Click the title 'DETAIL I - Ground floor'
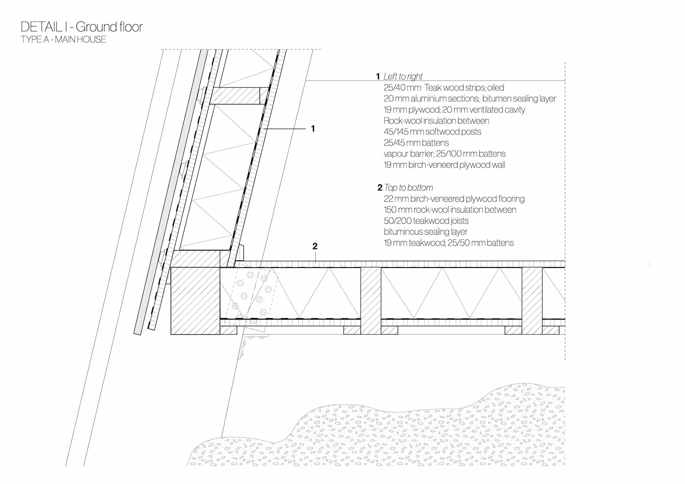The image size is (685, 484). coord(82,27)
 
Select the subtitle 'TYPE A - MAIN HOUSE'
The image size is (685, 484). coord(64,40)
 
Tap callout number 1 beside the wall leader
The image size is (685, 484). coord(313,128)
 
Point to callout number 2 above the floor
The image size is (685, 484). coord(315,246)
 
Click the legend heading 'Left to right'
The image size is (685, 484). coord(403,76)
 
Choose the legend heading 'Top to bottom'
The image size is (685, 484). coord(409,188)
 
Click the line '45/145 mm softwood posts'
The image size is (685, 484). coord(432,132)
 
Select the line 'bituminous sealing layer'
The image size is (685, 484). coord(425,232)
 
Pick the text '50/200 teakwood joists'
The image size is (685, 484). coord(426,221)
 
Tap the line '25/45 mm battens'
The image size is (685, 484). coord(416,143)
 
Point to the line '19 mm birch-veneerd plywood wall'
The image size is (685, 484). coord(444,165)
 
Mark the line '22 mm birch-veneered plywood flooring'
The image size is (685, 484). coord(454,199)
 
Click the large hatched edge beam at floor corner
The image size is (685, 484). coord(195,300)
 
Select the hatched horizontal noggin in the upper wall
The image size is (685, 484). coord(235,96)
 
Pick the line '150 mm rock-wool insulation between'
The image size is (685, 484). coord(450,210)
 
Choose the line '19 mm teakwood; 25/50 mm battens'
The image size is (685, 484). coord(448,243)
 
